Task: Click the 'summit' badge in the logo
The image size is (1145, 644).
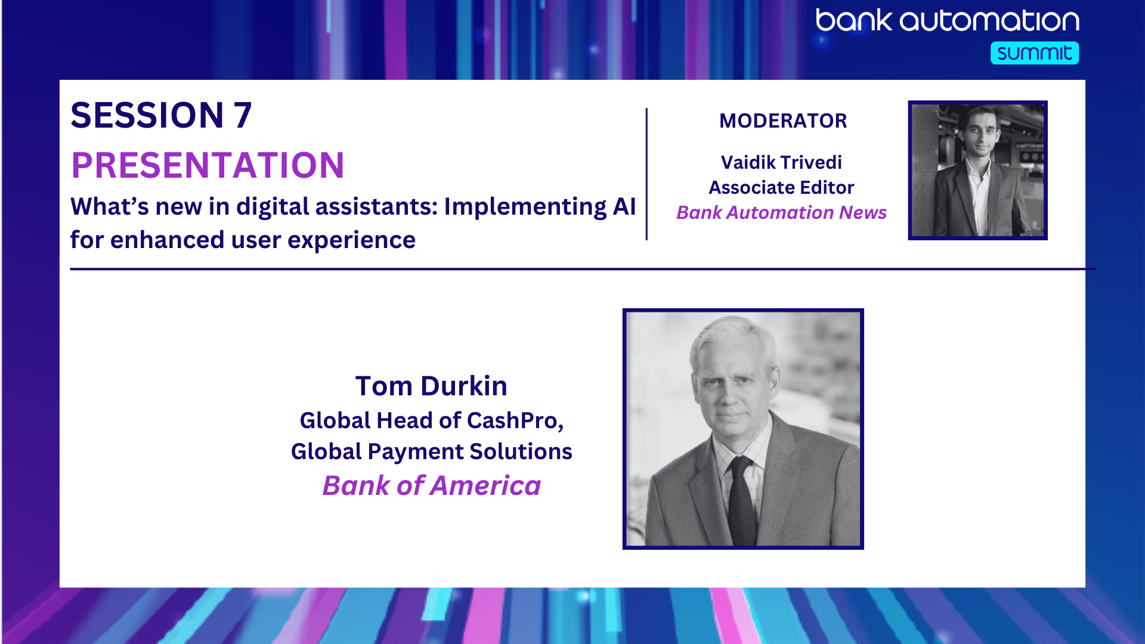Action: point(1035,53)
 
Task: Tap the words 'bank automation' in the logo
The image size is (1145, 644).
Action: point(948,20)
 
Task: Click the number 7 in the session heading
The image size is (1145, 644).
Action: point(243,115)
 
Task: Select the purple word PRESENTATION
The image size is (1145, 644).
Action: point(208,165)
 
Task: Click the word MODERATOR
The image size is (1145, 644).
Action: point(783,121)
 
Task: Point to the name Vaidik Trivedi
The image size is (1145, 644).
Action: point(781,162)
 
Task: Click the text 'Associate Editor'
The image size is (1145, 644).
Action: point(781,187)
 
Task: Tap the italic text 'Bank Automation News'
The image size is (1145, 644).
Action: point(781,212)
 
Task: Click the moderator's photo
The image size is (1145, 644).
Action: point(978,171)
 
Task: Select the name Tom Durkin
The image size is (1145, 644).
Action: point(431,386)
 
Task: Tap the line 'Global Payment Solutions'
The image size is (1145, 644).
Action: point(431,451)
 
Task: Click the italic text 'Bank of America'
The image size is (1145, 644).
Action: point(431,485)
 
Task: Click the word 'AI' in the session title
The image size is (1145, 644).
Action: point(624,207)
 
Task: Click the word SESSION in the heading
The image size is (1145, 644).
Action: point(147,115)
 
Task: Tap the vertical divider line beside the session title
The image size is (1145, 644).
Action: point(646,174)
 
